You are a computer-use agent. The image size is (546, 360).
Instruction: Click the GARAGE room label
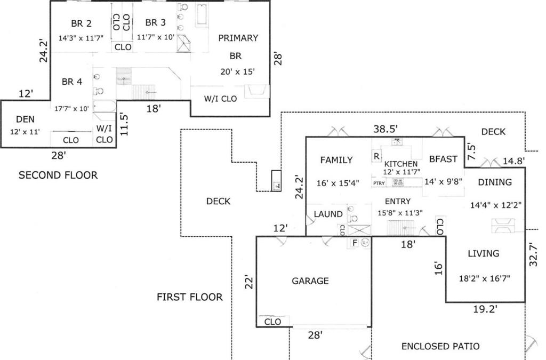(x=310, y=281)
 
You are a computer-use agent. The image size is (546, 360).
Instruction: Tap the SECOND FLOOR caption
(x=58, y=175)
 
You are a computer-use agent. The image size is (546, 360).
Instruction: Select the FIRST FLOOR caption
(x=189, y=297)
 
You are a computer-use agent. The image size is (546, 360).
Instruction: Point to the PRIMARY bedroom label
(x=238, y=38)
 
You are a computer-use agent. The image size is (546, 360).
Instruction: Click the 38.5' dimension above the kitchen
(x=386, y=129)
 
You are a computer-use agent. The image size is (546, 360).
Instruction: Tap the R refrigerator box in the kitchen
(x=376, y=156)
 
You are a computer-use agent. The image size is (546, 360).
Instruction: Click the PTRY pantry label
(x=379, y=183)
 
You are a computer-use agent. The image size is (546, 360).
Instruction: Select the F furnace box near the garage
(x=354, y=243)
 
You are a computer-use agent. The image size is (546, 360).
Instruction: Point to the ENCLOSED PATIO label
(x=440, y=346)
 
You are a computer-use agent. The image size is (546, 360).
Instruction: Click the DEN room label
(x=25, y=119)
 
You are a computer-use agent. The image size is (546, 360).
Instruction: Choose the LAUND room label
(x=328, y=214)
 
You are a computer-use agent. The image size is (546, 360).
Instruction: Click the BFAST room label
(x=443, y=159)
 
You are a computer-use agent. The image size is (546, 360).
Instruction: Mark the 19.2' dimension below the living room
(x=485, y=308)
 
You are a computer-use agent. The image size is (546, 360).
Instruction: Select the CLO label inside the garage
(x=272, y=322)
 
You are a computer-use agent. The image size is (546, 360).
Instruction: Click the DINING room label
(x=494, y=182)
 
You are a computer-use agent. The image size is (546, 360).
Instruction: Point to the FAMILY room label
(x=336, y=160)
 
